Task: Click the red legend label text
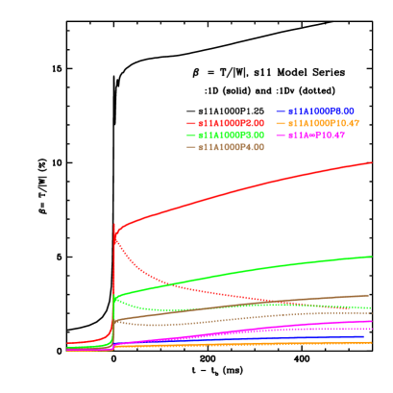coord(231,123)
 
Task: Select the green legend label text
coord(231,135)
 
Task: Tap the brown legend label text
coord(231,147)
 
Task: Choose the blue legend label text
coord(321,111)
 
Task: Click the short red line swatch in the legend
coord(190,123)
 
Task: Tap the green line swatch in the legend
coord(190,135)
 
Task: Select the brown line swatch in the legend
coord(190,147)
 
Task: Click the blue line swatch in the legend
coord(281,111)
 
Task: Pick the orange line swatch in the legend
coord(281,123)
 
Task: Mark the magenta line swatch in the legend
coord(281,135)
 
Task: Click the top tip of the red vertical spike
coord(114,224)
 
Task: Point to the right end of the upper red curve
coord(372,162)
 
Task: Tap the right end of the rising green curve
coord(372,257)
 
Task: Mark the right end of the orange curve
coord(372,343)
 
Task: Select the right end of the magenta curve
coord(372,321)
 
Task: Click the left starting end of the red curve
coord(67,342)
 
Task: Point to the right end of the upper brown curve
coord(369,296)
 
